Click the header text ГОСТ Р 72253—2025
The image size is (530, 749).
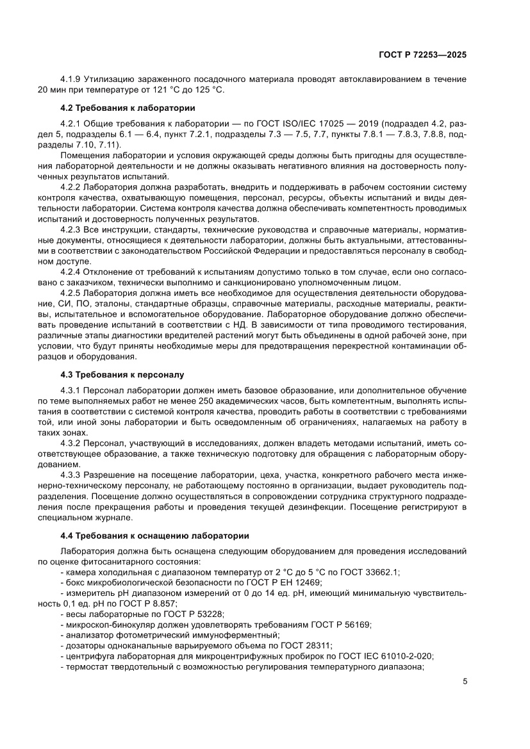(x=420, y=55)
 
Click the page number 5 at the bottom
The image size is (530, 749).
(x=465, y=682)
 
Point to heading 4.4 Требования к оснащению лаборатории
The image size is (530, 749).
(x=154, y=535)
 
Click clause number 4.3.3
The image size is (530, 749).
(x=70, y=476)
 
